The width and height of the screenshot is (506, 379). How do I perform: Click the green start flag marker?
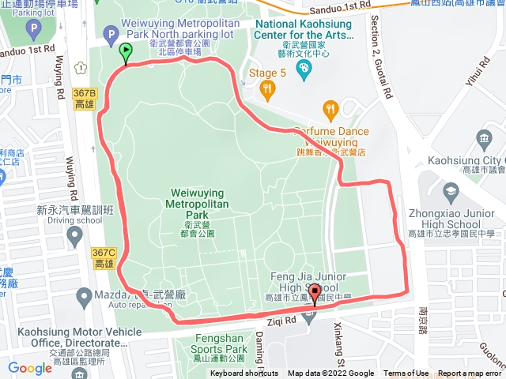click(126, 53)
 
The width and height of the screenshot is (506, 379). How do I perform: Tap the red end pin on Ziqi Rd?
click(315, 293)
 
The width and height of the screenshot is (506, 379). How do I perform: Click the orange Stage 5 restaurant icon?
click(269, 92)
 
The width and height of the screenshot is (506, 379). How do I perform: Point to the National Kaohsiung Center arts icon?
click(302, 69)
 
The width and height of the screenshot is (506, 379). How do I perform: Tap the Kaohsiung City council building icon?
click(484, 140)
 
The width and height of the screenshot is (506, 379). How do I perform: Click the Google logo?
click(29, 368)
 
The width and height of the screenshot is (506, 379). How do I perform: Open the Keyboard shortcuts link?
click(244, 373)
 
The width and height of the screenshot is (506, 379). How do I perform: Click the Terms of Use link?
click(406, 373)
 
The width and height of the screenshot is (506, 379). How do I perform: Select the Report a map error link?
click(470, 373)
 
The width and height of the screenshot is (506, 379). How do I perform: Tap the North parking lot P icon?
click(111, 34)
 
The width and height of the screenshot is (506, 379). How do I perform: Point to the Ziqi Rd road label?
click(280, 321)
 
